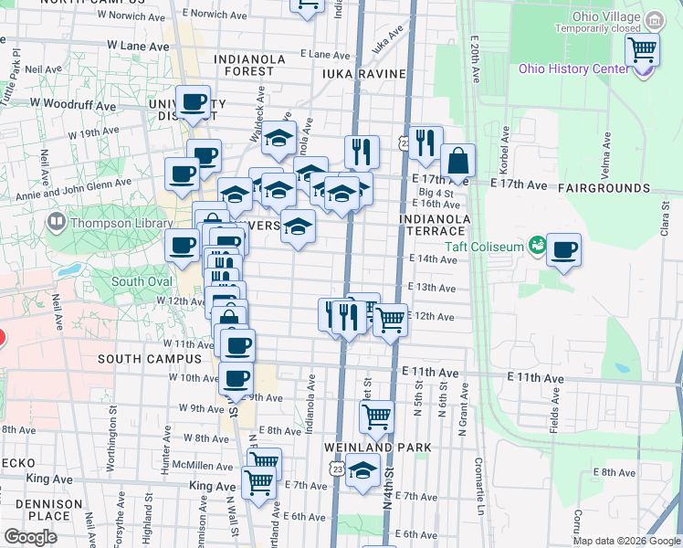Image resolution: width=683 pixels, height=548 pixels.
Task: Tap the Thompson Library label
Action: click(x=121, y=223)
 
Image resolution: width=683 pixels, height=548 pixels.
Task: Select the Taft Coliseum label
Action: click(x=484, y=247)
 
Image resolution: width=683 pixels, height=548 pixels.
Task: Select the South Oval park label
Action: click(x=142, y=281)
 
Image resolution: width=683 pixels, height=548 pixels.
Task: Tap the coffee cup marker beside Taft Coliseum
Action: click(x=563, y=249)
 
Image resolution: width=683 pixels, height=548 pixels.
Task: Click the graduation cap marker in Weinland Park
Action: click(x=363, y=470)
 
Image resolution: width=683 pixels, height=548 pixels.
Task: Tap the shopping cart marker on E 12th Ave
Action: click(x=390, y=320)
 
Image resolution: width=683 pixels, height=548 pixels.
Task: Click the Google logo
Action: click(x=31, y=537)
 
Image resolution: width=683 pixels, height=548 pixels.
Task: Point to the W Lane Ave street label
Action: click(x=138, y=46)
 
